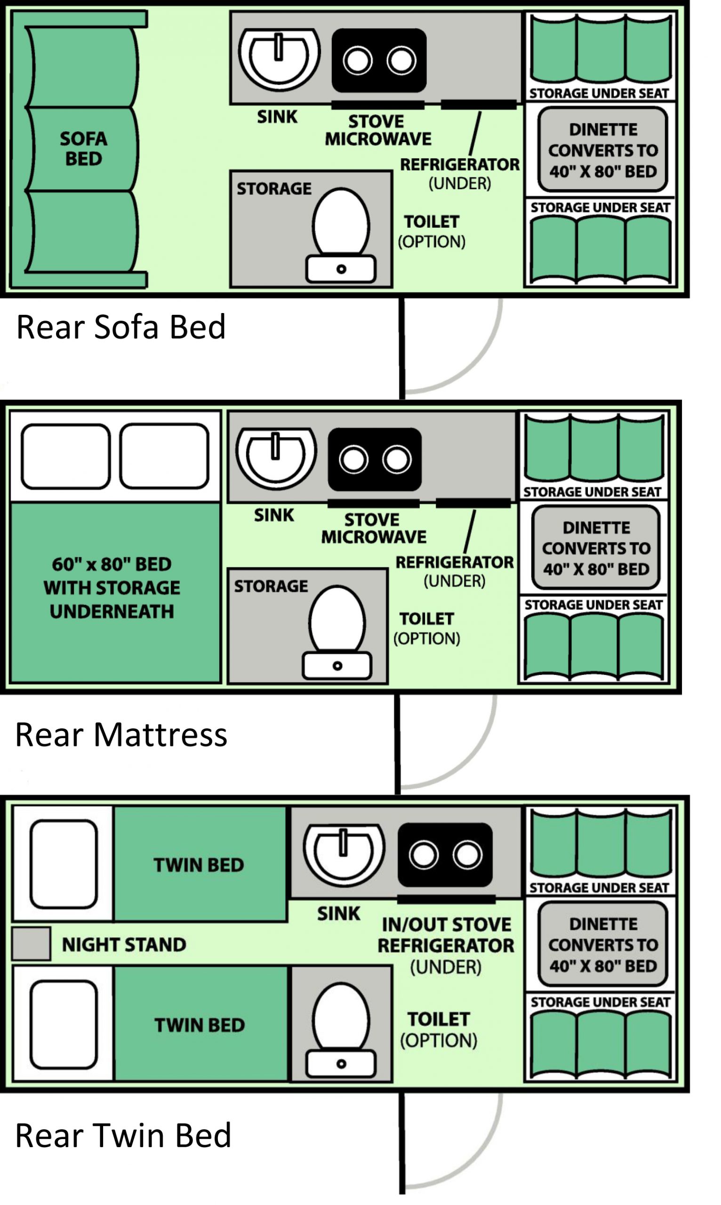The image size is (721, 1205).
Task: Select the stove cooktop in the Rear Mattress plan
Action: point(375,459)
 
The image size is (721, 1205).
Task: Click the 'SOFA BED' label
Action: point(84,149)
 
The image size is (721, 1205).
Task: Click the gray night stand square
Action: point(31,944)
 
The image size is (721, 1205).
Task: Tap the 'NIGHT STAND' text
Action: point(124,945)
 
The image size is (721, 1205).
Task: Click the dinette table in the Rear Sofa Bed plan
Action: point(603,150)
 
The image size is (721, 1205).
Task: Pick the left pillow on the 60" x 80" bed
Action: point(65,456)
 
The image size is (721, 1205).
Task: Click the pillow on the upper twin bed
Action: point(64,864)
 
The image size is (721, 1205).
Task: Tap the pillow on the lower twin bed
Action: point(64,1025)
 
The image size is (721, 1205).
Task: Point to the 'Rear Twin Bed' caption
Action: point(123,1136)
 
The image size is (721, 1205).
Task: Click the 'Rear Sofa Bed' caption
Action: point(121,327)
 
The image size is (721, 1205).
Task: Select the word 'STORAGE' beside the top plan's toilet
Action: point(274,189)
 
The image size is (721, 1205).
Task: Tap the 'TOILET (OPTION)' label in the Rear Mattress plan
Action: point(426,628)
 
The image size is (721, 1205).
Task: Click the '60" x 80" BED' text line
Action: point(112,564)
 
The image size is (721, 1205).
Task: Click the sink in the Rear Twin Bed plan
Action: point(344,854)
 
